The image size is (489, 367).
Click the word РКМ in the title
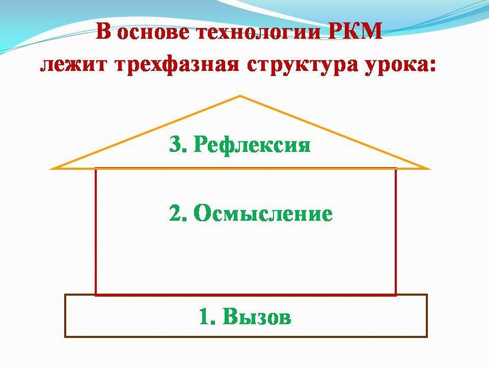coord(356,31)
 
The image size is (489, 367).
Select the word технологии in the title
coord(259,33)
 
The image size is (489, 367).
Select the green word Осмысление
coord(263,214)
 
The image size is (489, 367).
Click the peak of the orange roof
coord(240,96)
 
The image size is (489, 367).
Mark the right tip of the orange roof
coord(429,169)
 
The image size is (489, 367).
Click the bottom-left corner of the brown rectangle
coord(65,337)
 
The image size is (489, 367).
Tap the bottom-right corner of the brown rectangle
coord(427,337)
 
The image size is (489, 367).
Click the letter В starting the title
coord(103,31)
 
